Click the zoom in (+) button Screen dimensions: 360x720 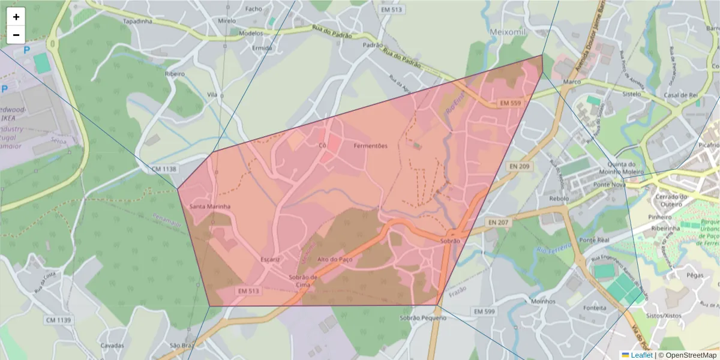coord(16,17)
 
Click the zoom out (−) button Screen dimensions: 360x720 coord(16,35)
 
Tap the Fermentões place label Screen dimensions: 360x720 coord(370,146)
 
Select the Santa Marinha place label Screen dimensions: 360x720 coord(210,207)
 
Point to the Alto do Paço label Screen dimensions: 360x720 coord(334,259)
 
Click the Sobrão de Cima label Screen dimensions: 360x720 coord(302,281)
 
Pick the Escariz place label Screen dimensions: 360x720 coord(271,259)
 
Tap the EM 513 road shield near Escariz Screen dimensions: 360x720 coord(248,291)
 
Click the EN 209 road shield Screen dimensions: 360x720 coord(519,166)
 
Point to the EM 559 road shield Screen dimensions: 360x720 coord(510,103)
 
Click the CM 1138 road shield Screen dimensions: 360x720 coord(164,170)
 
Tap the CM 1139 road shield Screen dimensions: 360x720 coord(58,320)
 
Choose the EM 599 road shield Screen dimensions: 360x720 coord(484,311)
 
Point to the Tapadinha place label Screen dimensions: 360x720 coord(137,21)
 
